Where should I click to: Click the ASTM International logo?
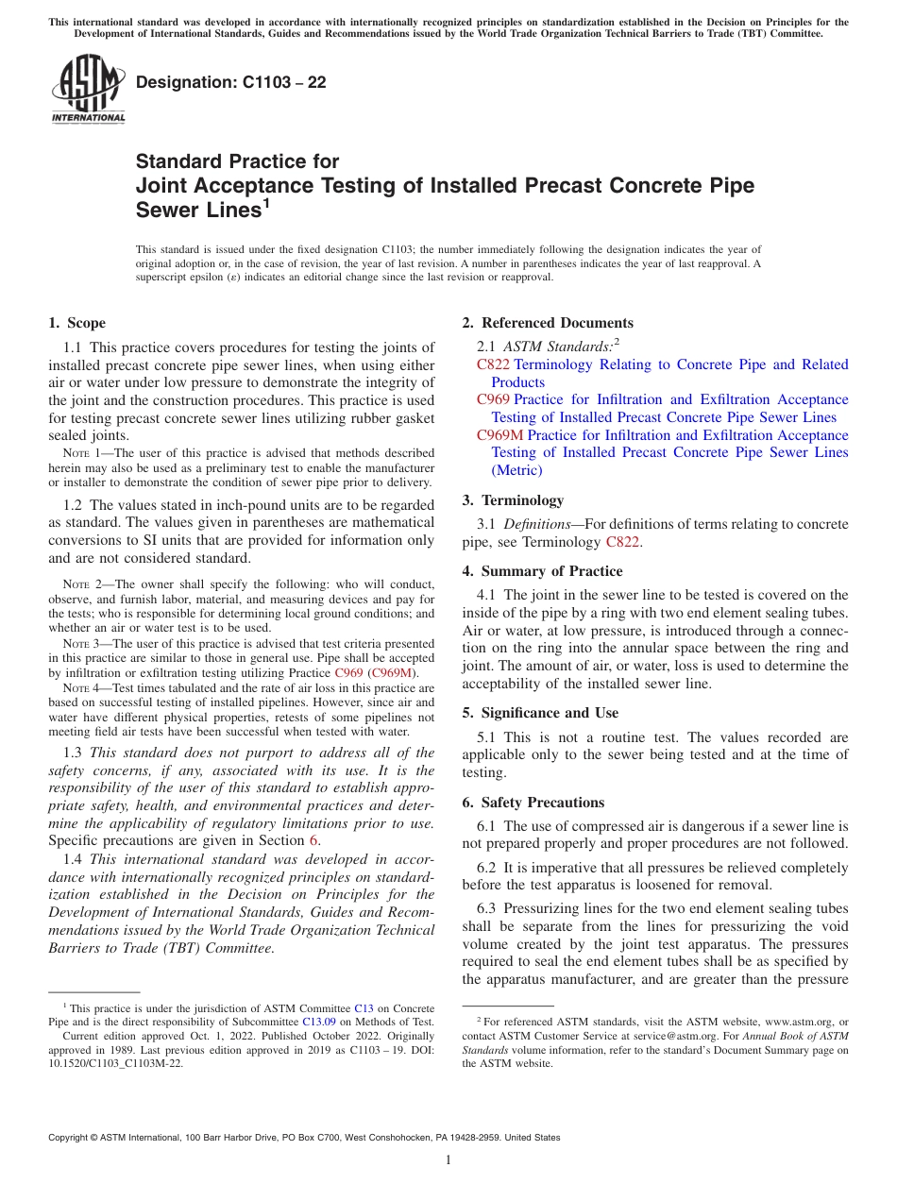(88, 91)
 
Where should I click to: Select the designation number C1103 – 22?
(231, 82)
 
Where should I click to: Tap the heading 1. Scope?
(77, 323)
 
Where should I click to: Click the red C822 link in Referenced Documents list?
(494, 364)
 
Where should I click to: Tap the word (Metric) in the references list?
(516, 470)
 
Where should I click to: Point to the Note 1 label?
(77, 454)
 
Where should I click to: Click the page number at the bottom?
(448, 1160)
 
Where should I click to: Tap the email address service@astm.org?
(675, 1036)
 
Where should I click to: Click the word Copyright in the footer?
(71, 1138)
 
